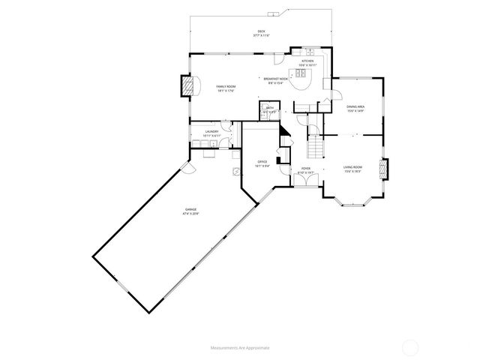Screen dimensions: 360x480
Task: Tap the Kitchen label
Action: click(x=307, y=61)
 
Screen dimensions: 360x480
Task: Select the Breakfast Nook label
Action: click(x=274, y=78)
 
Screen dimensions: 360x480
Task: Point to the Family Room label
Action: click(x=226, y=87)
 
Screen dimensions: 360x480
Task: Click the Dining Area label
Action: click(x=355, y=107)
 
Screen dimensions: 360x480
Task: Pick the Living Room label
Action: click(x=352, y=166)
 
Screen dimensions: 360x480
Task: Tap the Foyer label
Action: click(x=306, y=168)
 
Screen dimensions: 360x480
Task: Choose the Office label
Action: click(x=262, y=161)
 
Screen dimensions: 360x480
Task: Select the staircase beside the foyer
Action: click(x=316, y=142)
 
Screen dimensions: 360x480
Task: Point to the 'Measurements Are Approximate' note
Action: click(x=239, y=348)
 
